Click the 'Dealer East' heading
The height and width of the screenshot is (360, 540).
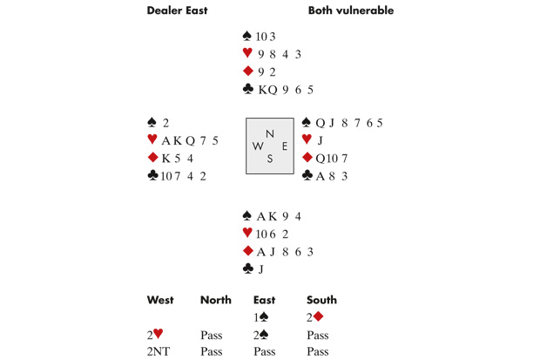(x=177, y=10)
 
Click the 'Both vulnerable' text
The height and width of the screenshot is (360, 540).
(x=351, y=10)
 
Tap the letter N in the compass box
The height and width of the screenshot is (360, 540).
(x=270, y=133)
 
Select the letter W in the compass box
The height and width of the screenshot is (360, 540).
(x=258, y=146)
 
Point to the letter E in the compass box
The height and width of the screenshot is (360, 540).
(x=285, y=146)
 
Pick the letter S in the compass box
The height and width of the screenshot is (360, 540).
(x=270, y=159)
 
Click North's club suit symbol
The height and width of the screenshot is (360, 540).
(x=248, y=89)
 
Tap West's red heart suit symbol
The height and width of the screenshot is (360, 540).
(x=152, y=139)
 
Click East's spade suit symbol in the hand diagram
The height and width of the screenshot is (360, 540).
(x=307, y=122)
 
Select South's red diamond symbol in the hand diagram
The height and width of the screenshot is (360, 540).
(x=248, y=251)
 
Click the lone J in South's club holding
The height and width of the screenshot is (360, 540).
(x=260, y=269)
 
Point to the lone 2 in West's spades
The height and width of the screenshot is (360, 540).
(x=165, y=123)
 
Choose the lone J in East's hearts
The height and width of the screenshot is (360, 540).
(x=320, y=140)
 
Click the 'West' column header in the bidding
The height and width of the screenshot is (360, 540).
(x=160, y=300)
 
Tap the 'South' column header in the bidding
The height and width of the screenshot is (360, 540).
(x=321, y=300)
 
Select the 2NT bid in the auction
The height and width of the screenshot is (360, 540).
(x=159, y=351)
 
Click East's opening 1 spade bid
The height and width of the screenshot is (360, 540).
(x=261, y=317)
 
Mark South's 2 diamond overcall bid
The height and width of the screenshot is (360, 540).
(x=314, y=317)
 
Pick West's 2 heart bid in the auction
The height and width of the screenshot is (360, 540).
(x=155, y=334)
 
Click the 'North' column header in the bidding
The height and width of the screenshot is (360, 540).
(x=216, y=300)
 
